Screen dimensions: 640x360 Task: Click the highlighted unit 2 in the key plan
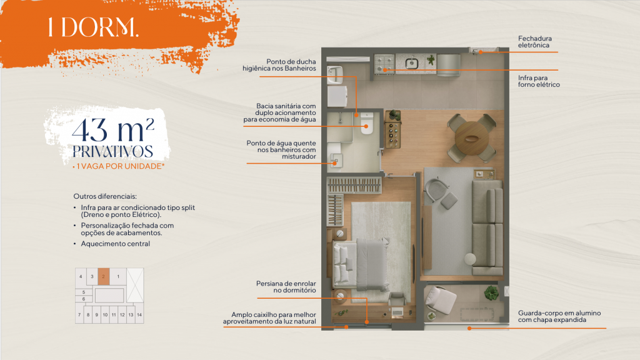click(x=104, y=276)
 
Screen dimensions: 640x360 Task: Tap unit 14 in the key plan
click(x=139, y=315)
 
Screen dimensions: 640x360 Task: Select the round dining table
click(x=471, y=138)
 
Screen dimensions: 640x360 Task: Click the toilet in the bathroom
click(x=366, y=123)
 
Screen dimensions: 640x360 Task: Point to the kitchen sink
click(x=411, y=63)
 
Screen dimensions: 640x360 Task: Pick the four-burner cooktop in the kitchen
click(x=384, y=64)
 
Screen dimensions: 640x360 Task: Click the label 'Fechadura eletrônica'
click(x=535, y=42)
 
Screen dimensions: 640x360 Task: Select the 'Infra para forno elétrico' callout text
click(x=539, y=81)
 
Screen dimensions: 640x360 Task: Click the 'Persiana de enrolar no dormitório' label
click(x=286, y=287)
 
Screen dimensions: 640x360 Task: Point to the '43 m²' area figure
click(x=113, y=130)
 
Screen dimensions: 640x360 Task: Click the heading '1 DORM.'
click(x=94, y=27)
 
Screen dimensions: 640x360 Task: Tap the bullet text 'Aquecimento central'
click(x=116, y=244)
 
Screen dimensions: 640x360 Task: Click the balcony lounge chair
click(x=440, y=301)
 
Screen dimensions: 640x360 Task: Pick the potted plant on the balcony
click(x=491, y=292)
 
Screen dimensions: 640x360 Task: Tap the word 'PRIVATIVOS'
click(x=112, y=151)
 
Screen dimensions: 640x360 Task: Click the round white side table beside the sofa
click(x=470, y=259)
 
